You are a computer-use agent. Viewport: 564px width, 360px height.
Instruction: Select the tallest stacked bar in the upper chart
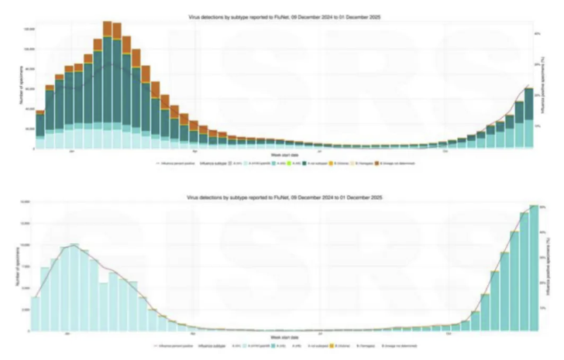click(107, 85)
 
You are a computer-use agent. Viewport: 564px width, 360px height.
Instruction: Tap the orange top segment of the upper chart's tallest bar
click(107, 28)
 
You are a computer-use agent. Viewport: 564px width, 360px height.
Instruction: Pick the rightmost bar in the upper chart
click(528, 116)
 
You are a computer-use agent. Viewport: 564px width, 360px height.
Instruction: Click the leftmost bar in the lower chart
click(35, 314)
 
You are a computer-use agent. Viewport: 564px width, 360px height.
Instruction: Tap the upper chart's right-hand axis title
click(548, 85)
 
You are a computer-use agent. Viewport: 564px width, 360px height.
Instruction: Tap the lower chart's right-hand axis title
click(548, 267)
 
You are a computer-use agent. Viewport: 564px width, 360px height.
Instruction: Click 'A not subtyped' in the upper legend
click(318, 164)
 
